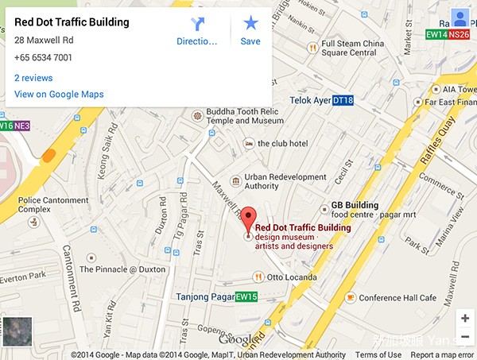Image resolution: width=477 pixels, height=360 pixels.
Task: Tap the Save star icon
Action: point(250,24)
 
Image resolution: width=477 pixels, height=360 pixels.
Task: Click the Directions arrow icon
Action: point(197,24)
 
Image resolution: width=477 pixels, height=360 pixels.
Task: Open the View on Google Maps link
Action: point(59,95)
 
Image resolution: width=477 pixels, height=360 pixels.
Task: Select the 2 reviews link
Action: point(33,78)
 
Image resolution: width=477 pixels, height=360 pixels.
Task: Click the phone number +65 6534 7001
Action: point(43,57)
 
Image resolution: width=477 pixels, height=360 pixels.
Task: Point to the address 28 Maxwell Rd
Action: point(44,40)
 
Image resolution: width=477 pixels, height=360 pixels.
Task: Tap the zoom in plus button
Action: point(465,319)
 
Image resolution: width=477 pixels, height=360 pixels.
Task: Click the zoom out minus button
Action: point(465,338)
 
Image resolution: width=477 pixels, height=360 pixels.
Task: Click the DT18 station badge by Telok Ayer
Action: point(343,100)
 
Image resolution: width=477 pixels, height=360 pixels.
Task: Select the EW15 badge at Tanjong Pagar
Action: point(246,297)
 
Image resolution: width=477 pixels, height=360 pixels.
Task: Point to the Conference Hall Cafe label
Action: point(397,298)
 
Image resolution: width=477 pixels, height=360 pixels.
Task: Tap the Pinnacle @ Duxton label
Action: point(122,269)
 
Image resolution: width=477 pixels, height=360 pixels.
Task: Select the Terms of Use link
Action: point(378,355)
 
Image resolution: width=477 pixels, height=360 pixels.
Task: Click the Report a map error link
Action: point(442,355)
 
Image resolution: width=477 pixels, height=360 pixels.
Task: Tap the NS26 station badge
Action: point(459,34)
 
